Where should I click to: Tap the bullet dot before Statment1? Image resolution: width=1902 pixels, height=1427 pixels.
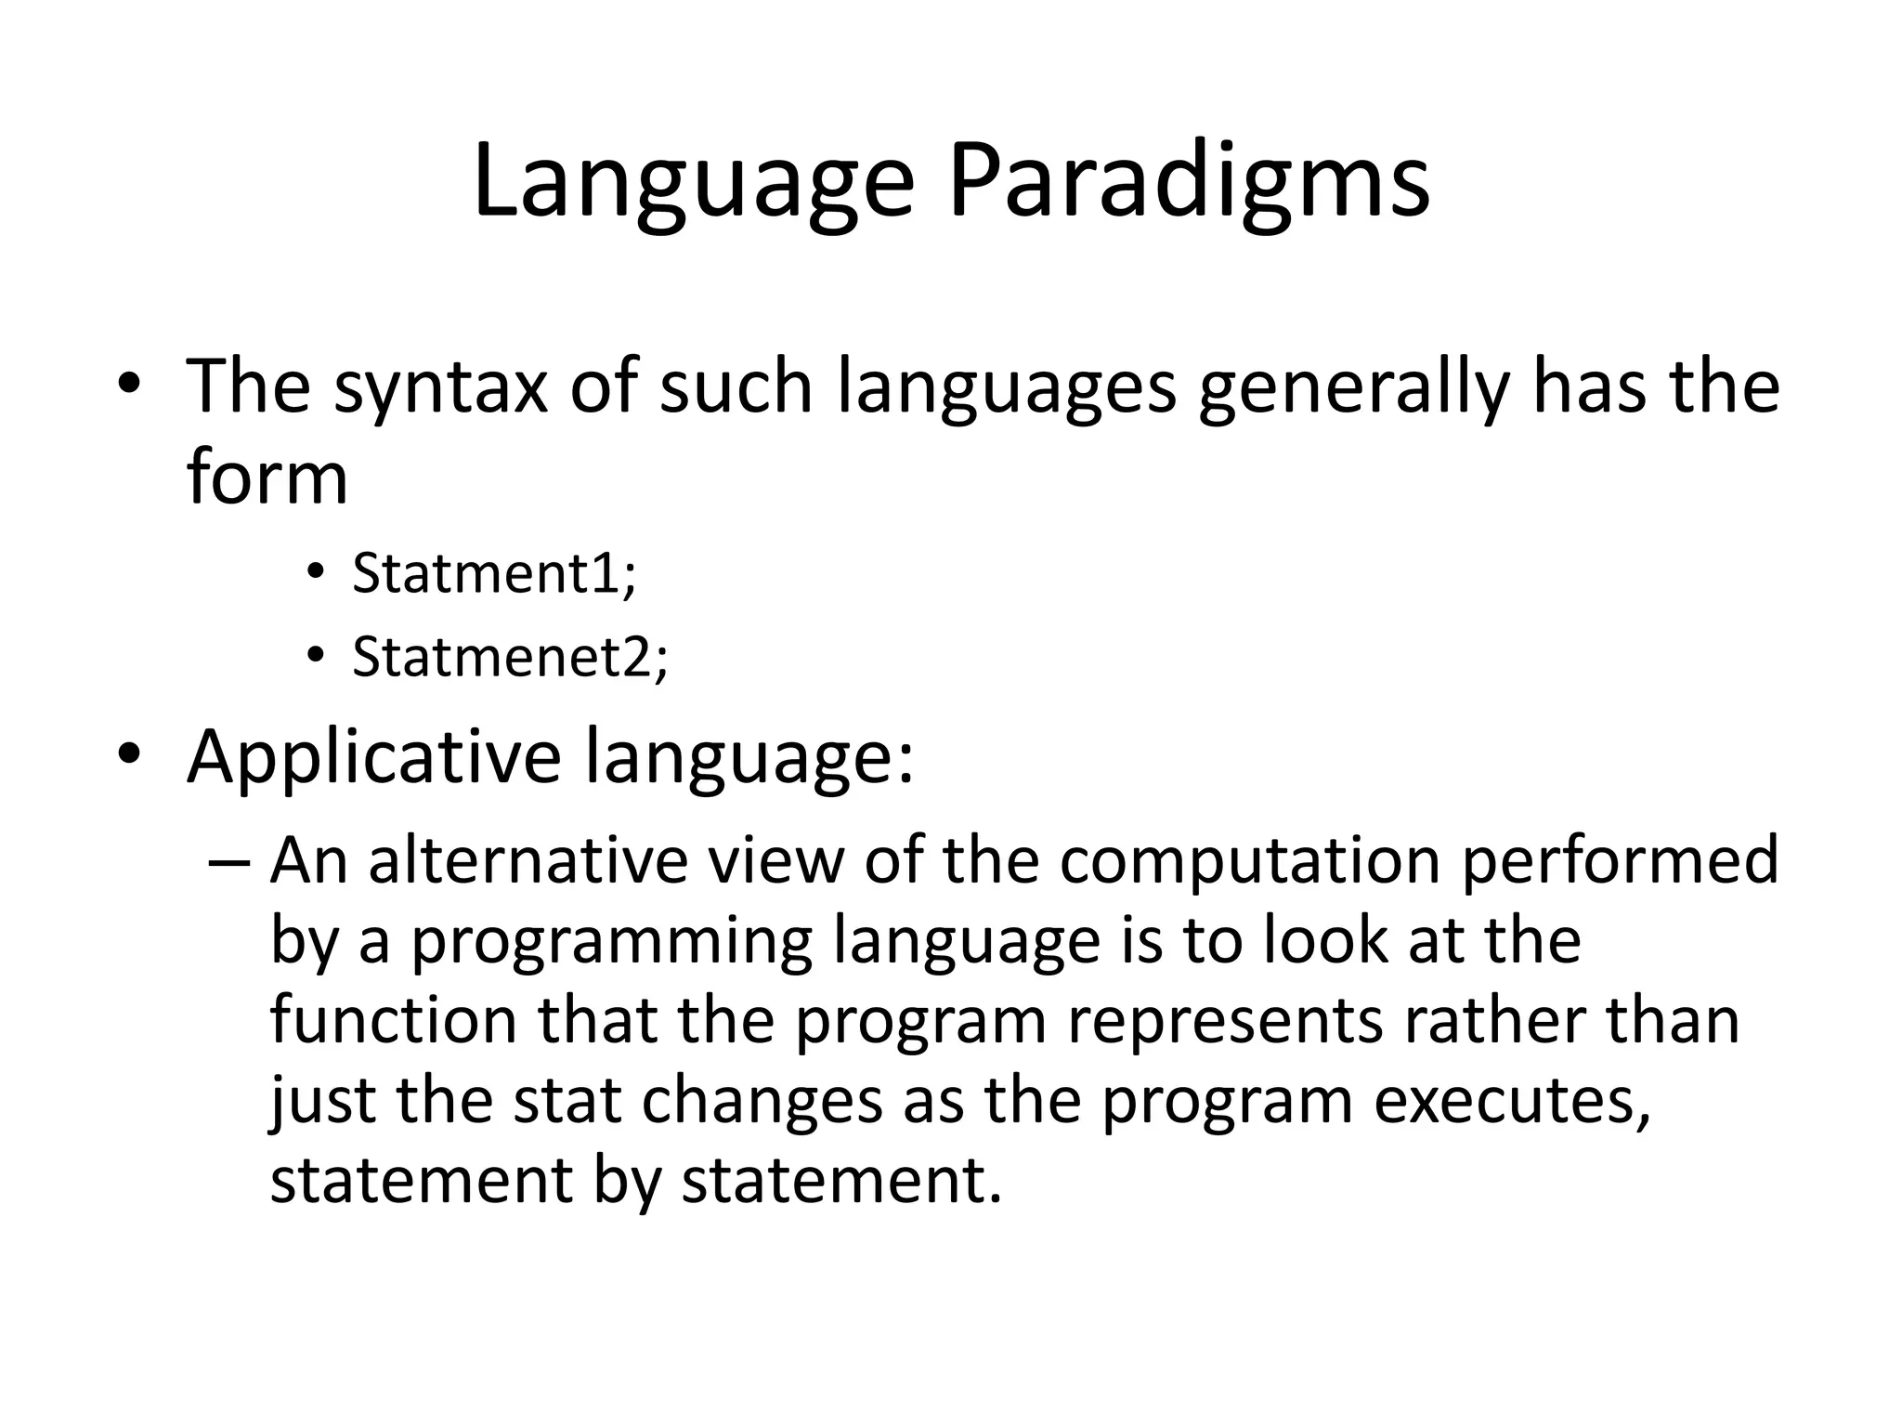(x=316, y=571)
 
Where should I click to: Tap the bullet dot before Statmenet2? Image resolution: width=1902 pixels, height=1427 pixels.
(x=316, y=655)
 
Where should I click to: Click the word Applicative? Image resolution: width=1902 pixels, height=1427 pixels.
(x=373, y=756)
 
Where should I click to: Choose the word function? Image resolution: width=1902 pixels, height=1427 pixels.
(x=393, y=1020)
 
